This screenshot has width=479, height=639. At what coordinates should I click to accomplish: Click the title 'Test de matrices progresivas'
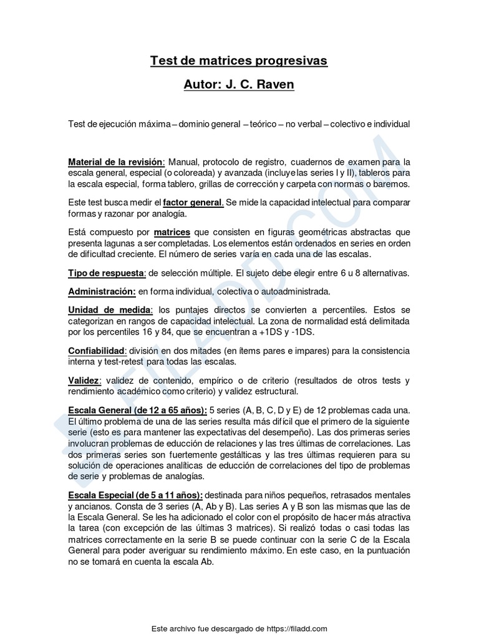239,61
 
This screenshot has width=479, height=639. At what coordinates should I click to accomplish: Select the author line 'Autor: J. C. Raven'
239,84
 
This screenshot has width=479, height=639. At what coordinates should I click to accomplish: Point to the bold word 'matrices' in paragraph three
172,232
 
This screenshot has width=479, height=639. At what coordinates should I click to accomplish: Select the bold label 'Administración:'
102,291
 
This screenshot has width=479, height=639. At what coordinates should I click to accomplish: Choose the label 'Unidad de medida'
110,310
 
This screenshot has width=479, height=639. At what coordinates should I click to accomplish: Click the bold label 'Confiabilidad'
97,351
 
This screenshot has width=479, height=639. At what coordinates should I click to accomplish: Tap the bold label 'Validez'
84,381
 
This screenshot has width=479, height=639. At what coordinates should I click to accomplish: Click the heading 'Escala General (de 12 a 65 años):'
137,410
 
